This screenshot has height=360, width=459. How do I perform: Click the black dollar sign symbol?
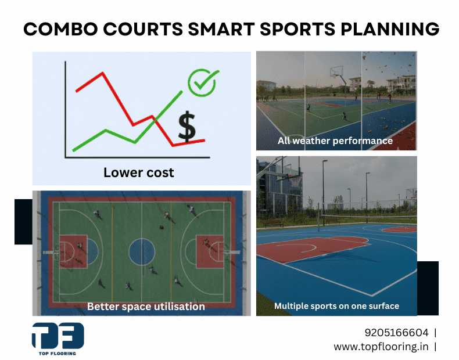click(x=187, y=127)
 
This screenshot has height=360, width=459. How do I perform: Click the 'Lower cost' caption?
click(x=138, y=172)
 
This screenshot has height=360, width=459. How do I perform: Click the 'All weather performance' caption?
click(x=335, y=141)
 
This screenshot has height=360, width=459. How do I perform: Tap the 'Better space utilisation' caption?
click(x=146, y=306)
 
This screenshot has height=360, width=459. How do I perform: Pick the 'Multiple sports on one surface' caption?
click(x=336, y=306)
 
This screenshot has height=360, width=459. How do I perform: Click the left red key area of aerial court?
click(x=73, y=251)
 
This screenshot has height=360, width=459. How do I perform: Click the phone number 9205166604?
click(x=396, y=333)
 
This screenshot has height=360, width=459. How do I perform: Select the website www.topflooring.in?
click(x=381, y=347)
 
